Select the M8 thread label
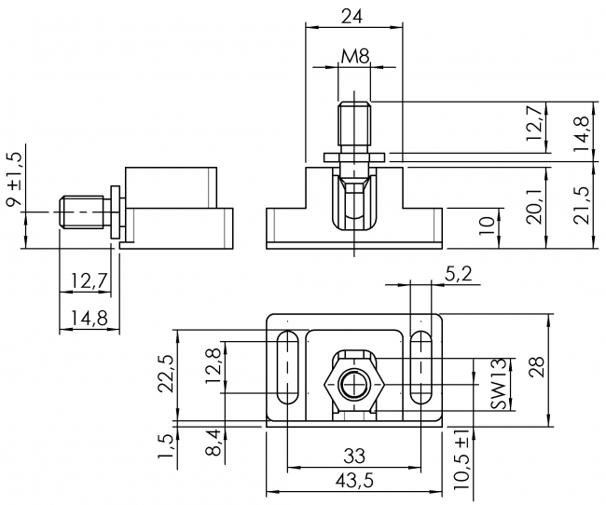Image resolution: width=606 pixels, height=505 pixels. [x=355, y=57]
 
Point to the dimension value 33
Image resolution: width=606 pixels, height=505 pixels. [x=353, y=456]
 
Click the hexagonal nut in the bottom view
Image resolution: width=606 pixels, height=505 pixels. [x=354, y=385]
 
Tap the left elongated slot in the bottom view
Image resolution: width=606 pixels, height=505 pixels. [x=287, y=370]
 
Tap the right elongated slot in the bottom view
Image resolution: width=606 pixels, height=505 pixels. [x=420, y=370]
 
